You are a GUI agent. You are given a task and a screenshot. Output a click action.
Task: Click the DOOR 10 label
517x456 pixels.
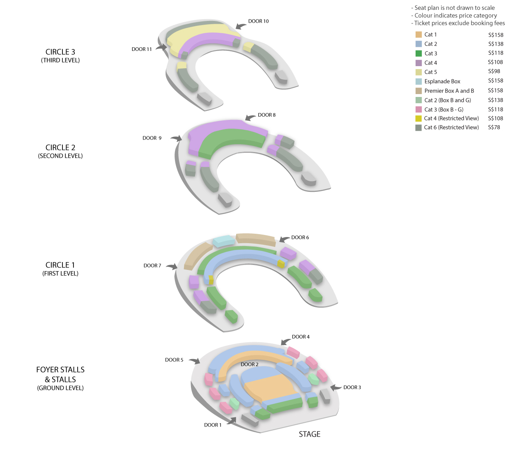(258, 21)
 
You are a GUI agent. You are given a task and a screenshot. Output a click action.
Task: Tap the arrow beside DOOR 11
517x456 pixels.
(161, 47)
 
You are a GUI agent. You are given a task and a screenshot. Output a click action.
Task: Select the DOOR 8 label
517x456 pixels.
(267, 115)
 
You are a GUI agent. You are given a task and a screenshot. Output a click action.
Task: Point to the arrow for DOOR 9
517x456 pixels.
(176, 138)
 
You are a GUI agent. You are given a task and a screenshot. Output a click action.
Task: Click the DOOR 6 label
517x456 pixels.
(300, 237)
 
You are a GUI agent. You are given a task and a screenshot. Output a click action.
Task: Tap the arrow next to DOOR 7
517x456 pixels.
(172, 267)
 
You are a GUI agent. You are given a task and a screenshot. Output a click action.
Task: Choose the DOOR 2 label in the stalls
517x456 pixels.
(249, 364)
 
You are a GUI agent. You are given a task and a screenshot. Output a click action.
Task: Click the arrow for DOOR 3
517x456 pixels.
(336, 387)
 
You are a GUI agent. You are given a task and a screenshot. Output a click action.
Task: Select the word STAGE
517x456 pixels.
(309, 434)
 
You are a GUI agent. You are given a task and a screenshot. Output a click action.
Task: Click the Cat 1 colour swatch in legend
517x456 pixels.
(418, 35)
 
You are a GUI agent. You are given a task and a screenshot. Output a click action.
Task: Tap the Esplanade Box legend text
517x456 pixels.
(442, 81)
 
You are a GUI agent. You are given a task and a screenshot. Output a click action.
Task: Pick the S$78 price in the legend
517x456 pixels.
(494, 127)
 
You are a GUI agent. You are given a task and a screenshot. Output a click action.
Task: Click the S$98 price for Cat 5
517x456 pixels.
(494, 71)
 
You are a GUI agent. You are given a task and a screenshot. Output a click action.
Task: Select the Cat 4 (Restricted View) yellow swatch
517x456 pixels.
(418, 118)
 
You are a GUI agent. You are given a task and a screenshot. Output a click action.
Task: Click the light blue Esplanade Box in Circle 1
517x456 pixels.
(224, 241)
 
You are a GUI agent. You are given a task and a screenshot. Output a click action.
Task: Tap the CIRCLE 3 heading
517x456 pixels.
(60, 52)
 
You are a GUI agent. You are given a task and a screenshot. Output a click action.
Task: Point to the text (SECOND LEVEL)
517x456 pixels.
(60, 156)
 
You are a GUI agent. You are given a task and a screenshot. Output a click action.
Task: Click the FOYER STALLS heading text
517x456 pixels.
(60, 370)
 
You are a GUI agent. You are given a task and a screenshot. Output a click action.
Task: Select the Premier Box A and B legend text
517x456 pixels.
(449, 91)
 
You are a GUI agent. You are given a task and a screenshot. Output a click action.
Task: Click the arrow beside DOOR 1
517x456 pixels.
(232, 421)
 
